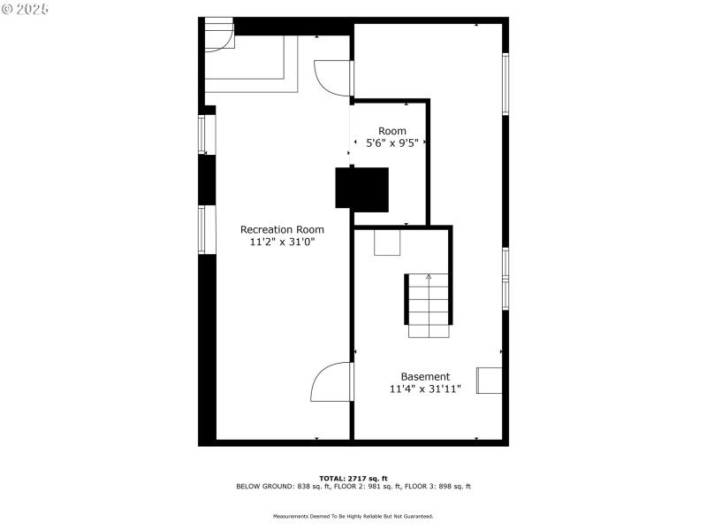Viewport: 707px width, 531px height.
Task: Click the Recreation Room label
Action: coord(276,229)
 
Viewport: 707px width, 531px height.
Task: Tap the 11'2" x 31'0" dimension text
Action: coord(276,241)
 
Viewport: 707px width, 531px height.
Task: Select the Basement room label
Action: coord(425,376)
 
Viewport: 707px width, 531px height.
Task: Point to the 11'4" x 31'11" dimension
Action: coord(425,389)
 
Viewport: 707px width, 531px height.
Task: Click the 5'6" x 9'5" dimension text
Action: coord(392,142)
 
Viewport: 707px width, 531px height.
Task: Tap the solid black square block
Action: coord(362,189)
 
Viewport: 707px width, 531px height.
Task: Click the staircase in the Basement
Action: coord(430,305)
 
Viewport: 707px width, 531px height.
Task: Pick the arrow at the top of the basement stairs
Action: coord(430,277)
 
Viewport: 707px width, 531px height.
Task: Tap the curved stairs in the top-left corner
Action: coord(218,35)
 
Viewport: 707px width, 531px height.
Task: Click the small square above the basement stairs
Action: coord(387,242)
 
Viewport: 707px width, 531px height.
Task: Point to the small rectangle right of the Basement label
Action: coord(490,380)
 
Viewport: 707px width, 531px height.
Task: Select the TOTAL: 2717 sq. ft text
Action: coord(353,478)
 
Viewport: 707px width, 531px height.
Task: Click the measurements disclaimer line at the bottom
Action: coord(353,516)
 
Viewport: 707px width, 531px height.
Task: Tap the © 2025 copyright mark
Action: coord(27,9)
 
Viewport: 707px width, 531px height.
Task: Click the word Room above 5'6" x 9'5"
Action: coord(392,131)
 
